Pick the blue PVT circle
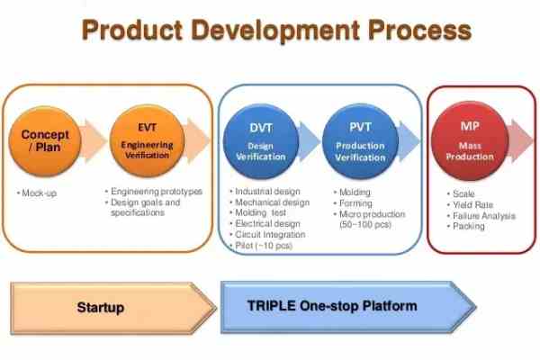coord(360,141)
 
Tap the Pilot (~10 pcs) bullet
coord(266,245)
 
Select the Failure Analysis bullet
coord(481,215)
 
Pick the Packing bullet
coord(468,226)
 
